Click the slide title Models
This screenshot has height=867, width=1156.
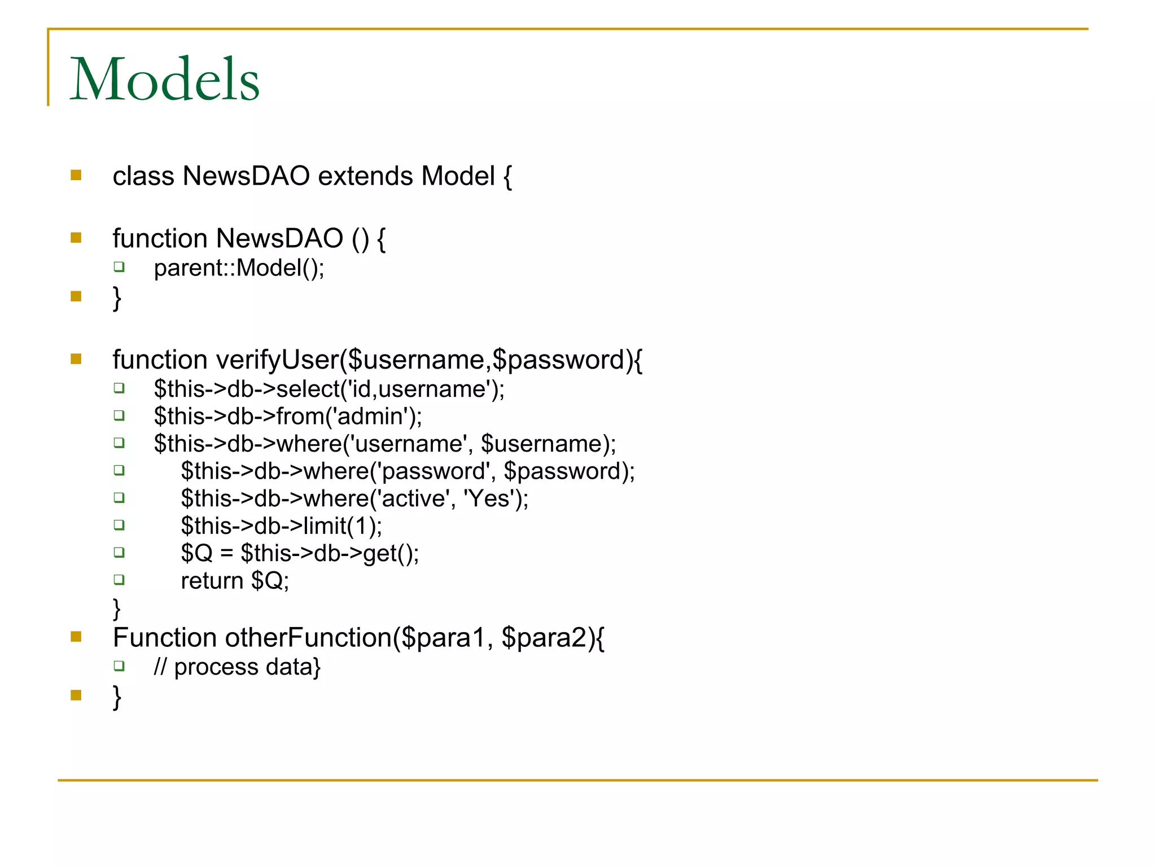click(164, 80)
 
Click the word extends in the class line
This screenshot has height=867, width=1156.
click(365, 176)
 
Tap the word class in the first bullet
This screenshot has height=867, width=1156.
click(143, 176)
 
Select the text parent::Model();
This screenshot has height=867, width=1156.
click(239, 268)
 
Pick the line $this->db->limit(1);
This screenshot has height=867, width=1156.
click(281, 526)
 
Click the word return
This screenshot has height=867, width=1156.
click(212, 581)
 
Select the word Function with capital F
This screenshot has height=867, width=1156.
click(164, 638)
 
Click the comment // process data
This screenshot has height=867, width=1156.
click(234, 667)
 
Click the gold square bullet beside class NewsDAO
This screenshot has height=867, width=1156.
click(76, 176)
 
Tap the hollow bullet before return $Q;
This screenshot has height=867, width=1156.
click(119, 580)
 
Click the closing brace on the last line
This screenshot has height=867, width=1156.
click(117, 697)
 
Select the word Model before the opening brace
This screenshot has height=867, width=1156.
click(458, 176)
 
